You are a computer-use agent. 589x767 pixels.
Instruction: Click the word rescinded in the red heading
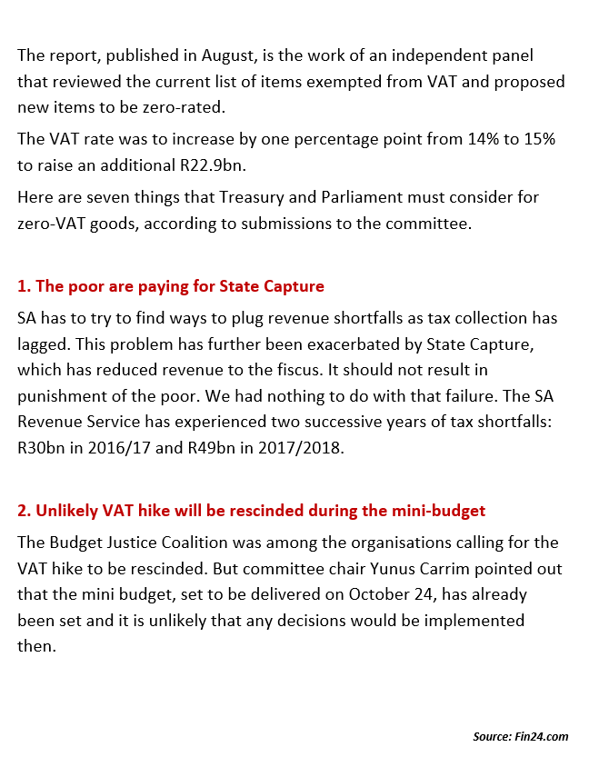click(x=203, y=510)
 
